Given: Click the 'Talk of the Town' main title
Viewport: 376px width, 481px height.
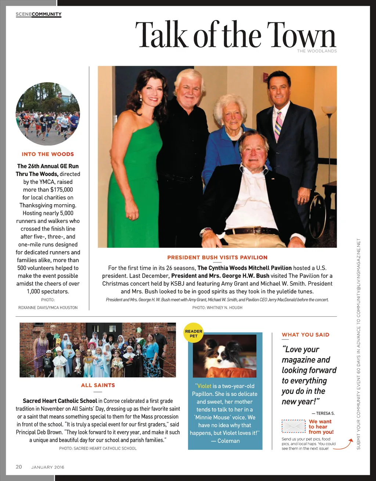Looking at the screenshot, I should tap(235, 35).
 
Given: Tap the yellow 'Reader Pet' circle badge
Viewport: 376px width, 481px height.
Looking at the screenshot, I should tap(194, 333).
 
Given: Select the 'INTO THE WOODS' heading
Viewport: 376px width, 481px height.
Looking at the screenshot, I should tap(48, 154).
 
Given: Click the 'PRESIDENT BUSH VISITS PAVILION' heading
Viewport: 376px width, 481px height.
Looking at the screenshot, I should tap(217, 257).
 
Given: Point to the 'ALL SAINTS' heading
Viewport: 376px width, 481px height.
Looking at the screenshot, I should tap(98, 385).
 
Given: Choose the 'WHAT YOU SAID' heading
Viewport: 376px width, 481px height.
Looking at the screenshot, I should tap(305, 335).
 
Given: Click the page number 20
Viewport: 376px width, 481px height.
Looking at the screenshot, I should tap(19, 467).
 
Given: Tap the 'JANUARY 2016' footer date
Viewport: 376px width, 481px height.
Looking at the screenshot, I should tap(48, 467).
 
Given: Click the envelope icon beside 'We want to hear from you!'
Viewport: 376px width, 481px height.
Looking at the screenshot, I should tap(293, 426).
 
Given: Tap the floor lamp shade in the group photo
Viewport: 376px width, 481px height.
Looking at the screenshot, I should tap(329, 110).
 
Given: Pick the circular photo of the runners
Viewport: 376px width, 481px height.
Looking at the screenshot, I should tap(48, 114).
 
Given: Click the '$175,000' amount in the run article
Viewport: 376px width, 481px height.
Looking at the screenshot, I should tap(61, 190).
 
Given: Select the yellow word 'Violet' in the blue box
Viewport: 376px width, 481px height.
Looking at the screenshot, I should tap(205, 386).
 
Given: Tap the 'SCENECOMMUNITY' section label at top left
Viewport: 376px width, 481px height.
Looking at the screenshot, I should tap(39, 14).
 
